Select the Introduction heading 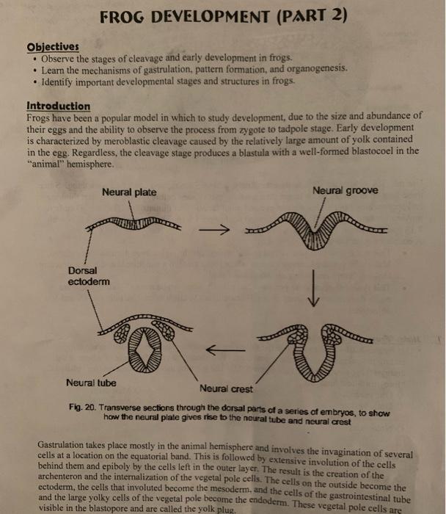click(x=58, y=106)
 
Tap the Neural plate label click(x=129, y=192)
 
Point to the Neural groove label click(x=345, y=191)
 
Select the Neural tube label click(x=90, y=383)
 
